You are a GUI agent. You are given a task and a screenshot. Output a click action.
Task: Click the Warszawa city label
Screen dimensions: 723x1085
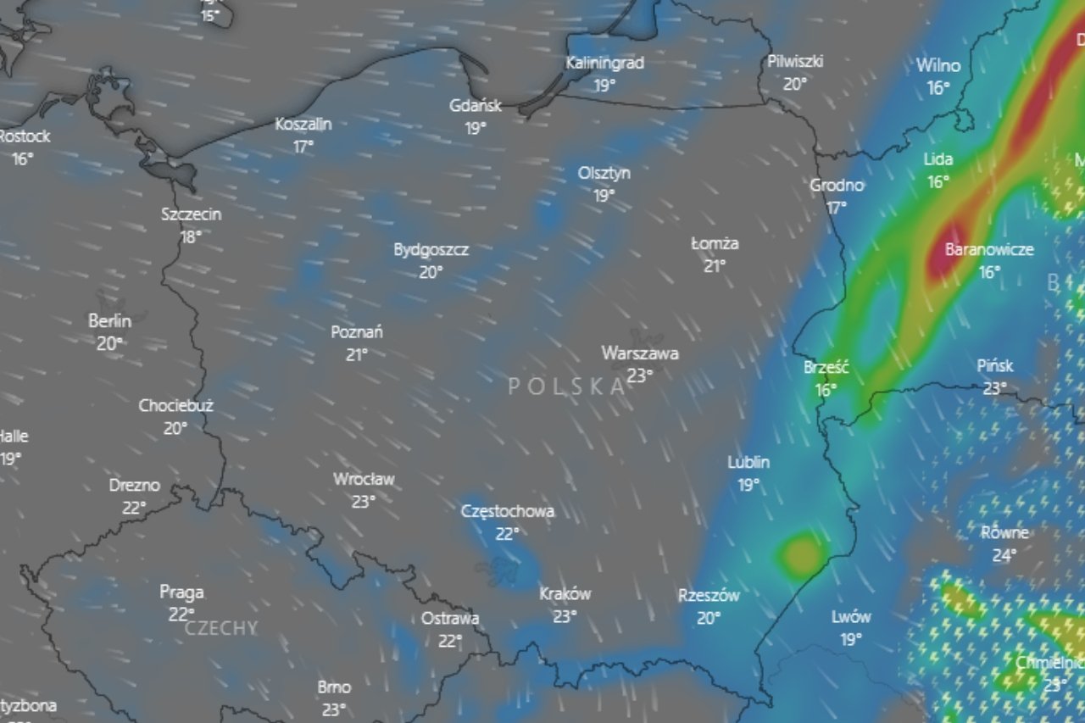[x=640, y=353]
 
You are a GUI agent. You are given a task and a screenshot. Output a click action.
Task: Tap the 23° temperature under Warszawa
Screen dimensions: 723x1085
[x=640, y=375]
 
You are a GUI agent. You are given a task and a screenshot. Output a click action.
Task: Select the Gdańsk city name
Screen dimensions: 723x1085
[x=476, y=106]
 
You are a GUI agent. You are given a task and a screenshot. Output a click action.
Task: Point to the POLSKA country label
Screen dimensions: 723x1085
[x=567, y=387]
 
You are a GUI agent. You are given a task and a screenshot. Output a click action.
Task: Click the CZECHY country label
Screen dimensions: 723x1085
[x=220, y=628]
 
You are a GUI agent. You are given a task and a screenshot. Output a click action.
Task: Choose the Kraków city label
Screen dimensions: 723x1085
[x=565, y=594]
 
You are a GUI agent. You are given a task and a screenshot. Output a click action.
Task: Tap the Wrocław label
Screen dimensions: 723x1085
[x=364, y=479]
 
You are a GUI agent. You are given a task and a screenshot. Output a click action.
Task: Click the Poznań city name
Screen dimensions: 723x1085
[x=357, y=332]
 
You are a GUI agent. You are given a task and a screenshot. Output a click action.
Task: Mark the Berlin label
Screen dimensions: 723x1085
[x=110, y=321]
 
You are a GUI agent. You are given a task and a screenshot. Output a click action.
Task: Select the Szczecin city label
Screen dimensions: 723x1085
[x=191, y=214]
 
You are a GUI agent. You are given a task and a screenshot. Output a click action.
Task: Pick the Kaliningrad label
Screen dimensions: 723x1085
[x=605, y=63]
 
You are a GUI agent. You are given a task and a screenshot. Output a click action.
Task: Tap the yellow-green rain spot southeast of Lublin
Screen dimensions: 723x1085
[x=800, y=554]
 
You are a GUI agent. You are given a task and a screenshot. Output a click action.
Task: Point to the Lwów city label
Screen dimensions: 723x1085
[x=851, y=617]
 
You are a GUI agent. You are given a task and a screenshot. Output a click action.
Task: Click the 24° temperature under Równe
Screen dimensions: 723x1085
[x=1004, y=555]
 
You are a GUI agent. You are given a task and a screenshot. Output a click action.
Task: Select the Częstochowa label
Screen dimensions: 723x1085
[x=508, y=511]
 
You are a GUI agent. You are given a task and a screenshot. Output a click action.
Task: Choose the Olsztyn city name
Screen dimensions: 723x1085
[x=604, y=173]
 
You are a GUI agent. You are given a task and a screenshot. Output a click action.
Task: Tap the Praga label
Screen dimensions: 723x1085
[x=181, y=592]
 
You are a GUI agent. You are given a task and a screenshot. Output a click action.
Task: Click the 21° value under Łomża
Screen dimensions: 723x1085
[x=715, y=265]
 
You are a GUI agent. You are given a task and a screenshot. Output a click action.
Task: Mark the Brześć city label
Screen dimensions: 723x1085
[x=826, y=368]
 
